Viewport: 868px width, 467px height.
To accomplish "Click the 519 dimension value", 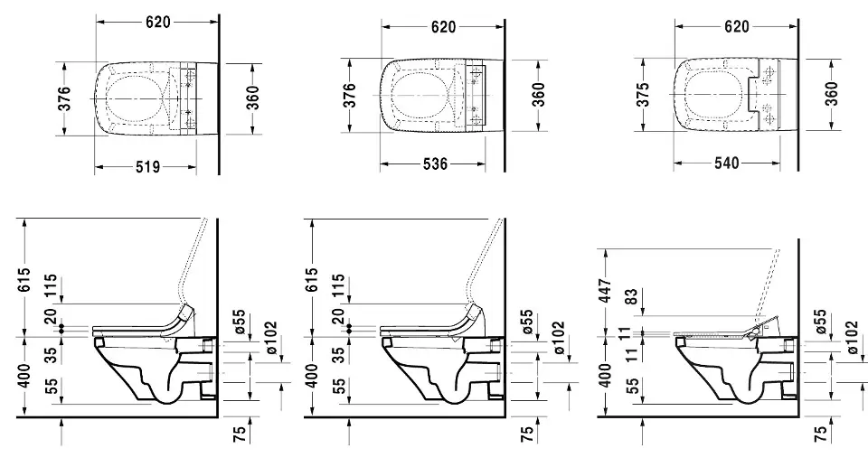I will click(x=147, y=166).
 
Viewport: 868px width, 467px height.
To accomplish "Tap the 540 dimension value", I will click(x=726, y=163).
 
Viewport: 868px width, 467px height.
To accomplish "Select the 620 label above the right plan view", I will click(x=736, y=27).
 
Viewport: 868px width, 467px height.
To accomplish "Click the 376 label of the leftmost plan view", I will click(x=64, y=98).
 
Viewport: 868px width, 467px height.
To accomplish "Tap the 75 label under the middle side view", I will click(x=526, y=432).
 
